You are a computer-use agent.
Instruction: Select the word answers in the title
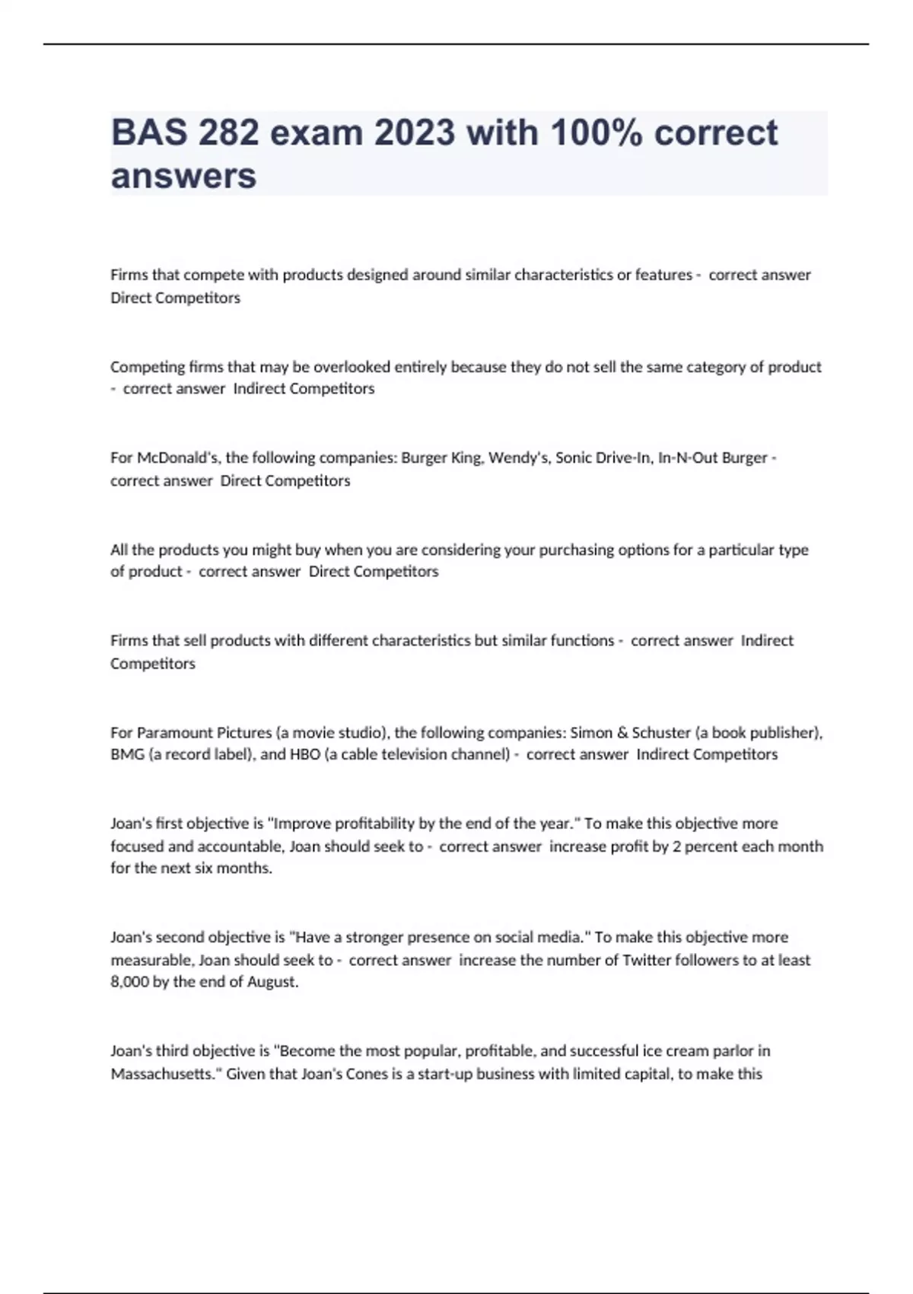[x=183, y=176]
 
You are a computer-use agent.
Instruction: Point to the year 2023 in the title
[x=414, y=133]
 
